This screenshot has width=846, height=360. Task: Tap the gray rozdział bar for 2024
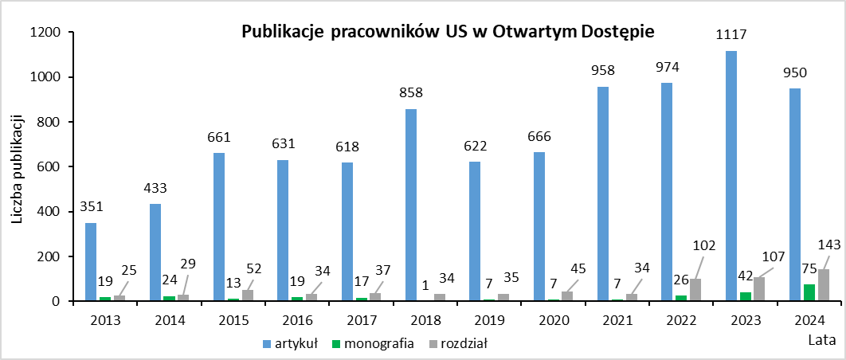pyautogui.click(x=823, y=285)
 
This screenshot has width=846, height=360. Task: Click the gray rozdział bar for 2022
pyautogui.click(x=695, y=290)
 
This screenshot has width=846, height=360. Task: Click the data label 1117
pyautogui.click(x=731, y=35)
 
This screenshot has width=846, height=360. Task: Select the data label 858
pyautogui.click(x=411, y=93)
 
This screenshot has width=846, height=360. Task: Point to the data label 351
pyautogui.click(x=92, y=207)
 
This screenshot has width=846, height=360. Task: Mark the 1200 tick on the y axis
pyautogui.click(x=45, y=33)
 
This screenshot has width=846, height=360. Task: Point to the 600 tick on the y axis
pyautogui.click(x=49, y=167)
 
